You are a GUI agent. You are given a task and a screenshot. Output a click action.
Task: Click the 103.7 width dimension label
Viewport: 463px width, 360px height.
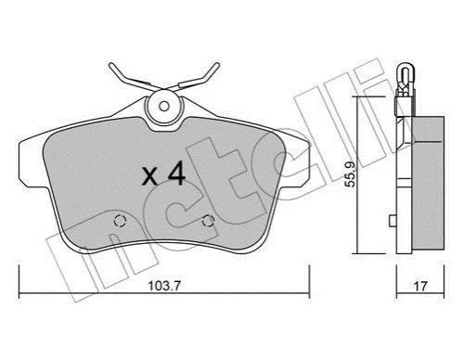[164, 286]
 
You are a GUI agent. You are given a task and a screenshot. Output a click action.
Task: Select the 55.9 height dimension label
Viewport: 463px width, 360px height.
[351, 174]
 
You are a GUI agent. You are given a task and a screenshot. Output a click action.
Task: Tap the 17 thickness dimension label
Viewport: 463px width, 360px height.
[420, 286]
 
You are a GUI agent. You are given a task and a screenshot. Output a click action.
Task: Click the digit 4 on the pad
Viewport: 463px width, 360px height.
[176, 174]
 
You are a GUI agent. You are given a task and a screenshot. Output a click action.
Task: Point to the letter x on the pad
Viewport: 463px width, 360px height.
[149, 178]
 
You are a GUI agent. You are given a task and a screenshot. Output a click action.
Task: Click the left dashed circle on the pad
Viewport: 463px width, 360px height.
[120, 221]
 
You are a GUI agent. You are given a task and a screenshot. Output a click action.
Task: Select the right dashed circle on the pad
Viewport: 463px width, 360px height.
[208, 221]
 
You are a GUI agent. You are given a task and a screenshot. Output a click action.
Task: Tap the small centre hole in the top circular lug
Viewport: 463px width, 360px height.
[164, 107]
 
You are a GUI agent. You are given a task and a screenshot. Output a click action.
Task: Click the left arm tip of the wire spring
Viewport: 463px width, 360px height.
[111, 65]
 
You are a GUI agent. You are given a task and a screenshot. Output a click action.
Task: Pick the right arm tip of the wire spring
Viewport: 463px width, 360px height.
[217, 65]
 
